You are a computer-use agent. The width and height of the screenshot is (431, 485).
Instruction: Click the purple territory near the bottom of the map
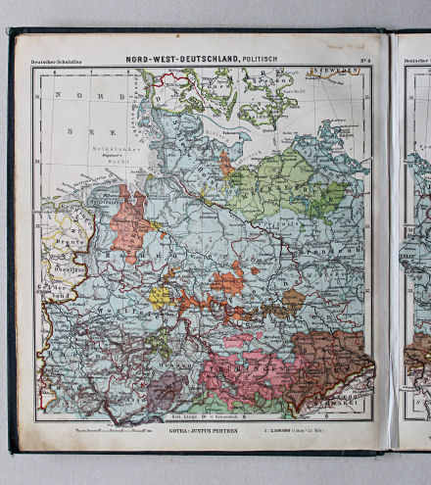[x=166, y=388]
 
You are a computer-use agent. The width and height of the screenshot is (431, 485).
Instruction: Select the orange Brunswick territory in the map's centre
[x=226, y=281]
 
